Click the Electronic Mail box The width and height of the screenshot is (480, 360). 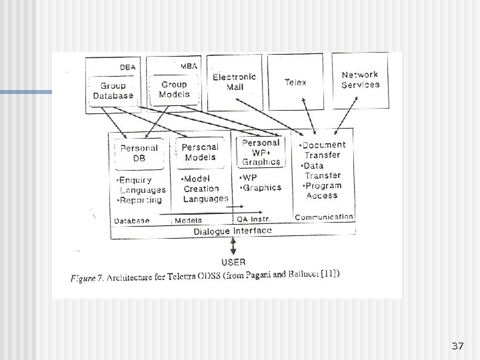(234, 82)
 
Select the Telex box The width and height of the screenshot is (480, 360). (295, 82)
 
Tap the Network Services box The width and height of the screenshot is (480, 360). (360, 80)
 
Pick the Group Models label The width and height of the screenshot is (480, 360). (174, 89)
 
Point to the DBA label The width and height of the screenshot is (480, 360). (126, 67)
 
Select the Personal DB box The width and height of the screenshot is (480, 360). (139, 153)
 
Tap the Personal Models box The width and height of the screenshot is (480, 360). (199, 152)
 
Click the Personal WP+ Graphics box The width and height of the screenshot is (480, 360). (261, 152)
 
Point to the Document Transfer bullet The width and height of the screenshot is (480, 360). (323, 149)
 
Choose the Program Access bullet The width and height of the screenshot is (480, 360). (322, 191)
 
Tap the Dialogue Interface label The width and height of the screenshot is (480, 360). (233, 231)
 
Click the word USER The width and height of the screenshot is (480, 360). (232, 262)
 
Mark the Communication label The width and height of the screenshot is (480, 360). (324, 217)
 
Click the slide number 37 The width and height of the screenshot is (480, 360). (457, 346)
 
